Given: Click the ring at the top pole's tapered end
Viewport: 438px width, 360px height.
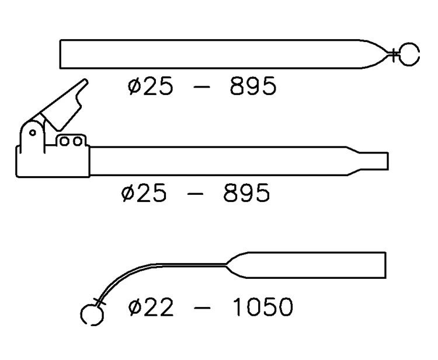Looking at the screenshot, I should pyautogui.click(x=409, y=54).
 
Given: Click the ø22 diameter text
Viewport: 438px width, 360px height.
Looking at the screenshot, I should pyautogui.click(x=151, y=307).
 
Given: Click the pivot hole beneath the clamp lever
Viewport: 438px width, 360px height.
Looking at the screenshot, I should pyautogui.click(x=33, y=132).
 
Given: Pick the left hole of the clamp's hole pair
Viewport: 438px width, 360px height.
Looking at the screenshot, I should pyautogui.click(x=67, y=141).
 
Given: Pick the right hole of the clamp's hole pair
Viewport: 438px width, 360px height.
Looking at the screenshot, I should pyautogui.click(x=78, y=141).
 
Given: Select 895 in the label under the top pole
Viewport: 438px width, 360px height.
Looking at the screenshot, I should pyautogui.click(x=251, y=87).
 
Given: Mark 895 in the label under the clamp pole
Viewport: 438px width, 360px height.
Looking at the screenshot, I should pyautogui.click(x=246, y=193).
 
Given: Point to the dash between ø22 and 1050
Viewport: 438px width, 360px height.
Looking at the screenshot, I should pyautogui.click(x=203, y=308).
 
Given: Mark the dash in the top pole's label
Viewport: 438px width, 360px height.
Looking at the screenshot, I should pyautogui.click(x=201, y=88).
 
